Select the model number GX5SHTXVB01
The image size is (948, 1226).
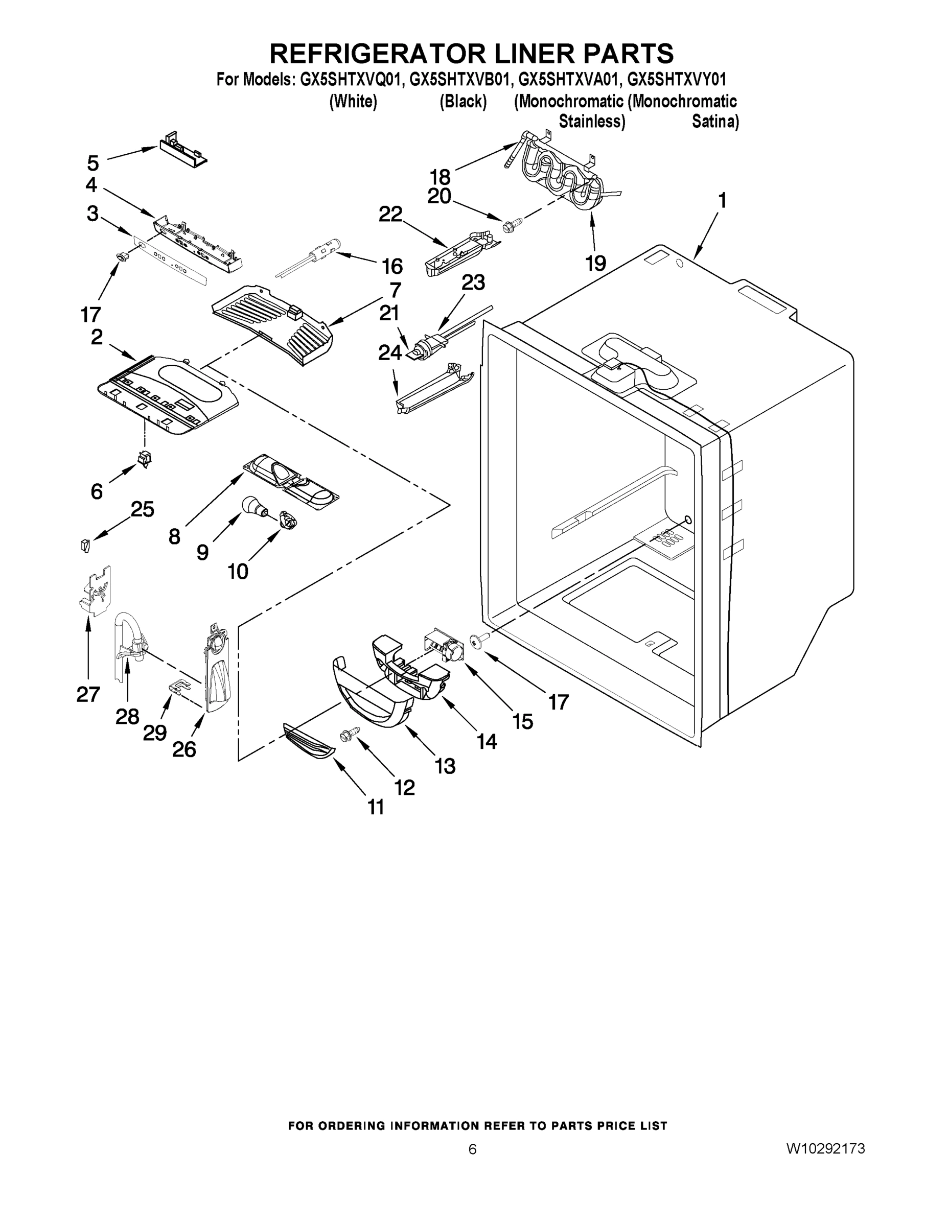[460, 79]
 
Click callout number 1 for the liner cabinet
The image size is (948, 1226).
[722, 200]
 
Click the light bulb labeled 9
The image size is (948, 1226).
[253, 506]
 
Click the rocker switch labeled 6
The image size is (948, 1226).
[144, 460]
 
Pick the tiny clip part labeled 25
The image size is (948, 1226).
[84, 545]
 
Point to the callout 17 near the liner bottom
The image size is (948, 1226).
[558, 702]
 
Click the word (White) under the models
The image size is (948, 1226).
[353, 102]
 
